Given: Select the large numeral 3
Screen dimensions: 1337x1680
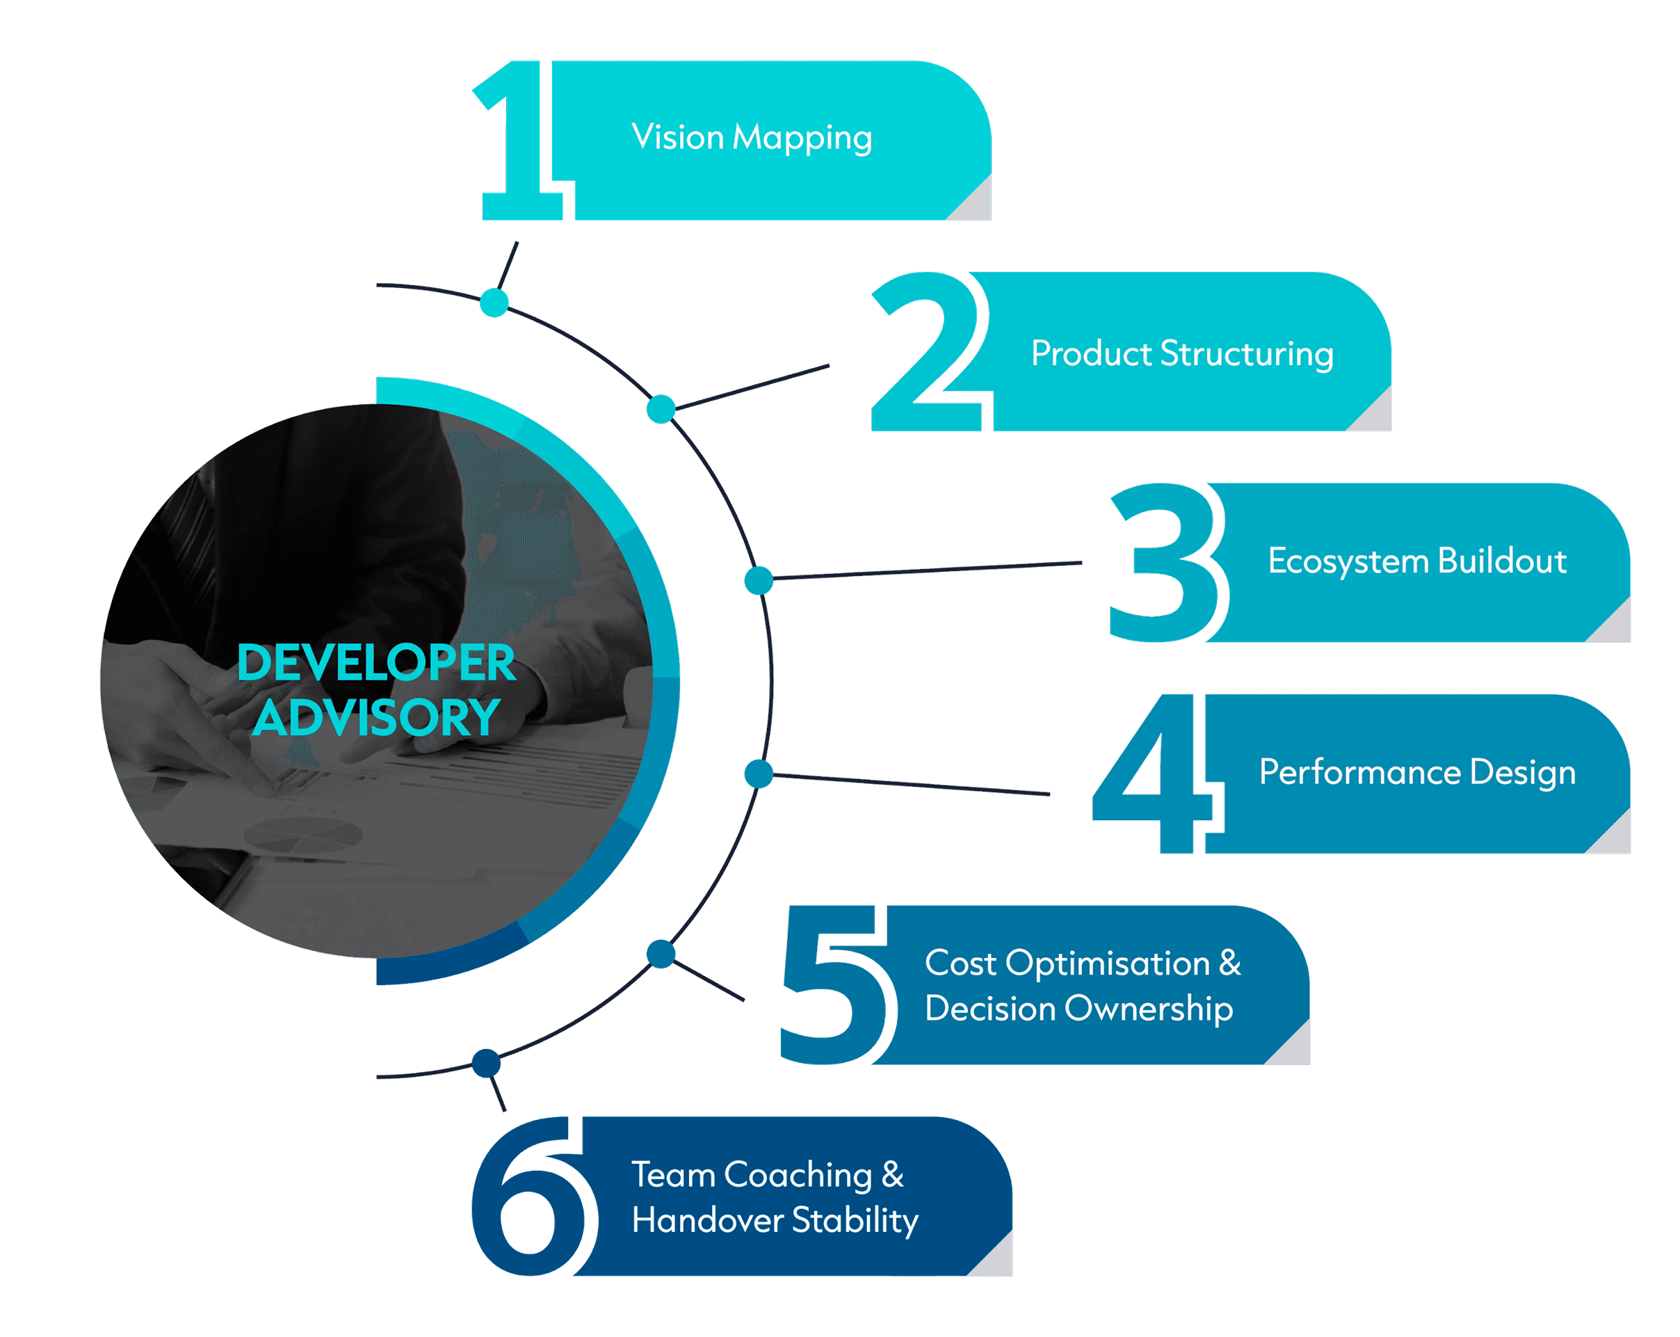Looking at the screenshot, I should coord(1165,563).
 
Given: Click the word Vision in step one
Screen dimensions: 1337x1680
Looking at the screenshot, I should coord(677,137).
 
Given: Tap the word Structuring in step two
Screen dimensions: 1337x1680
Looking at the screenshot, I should coord(1247,354).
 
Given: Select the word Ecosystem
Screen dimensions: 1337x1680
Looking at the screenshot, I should coord(1348,562).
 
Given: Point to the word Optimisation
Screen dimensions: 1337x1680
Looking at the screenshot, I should coord(1106,963).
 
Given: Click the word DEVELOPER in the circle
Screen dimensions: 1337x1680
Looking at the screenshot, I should coord(376,663).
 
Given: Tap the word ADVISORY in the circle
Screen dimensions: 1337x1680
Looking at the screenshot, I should coord(376,718).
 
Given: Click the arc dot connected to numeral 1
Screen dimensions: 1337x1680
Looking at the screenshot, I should coord(494,303).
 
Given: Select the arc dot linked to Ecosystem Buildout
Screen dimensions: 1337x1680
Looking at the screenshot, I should coord(758,581).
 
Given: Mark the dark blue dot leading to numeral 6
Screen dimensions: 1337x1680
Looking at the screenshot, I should coord(486,1063).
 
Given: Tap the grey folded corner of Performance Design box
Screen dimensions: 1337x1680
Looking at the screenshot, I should coord(1615,838).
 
